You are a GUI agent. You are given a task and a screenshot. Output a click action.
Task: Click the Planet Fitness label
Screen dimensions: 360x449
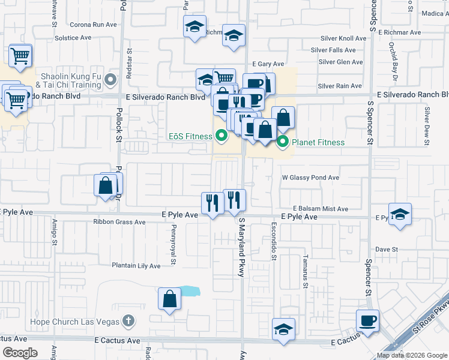point(318,142)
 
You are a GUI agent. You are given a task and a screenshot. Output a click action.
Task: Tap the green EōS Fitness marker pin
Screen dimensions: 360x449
point(221,136)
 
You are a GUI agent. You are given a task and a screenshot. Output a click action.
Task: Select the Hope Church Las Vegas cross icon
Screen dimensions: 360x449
point(128,321)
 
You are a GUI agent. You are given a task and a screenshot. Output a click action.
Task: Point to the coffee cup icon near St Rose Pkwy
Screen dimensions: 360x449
point(367,320)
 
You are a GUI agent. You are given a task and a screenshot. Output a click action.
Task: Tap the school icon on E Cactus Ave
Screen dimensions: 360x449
point(283,329)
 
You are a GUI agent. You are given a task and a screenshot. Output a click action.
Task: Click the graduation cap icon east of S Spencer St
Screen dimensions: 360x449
point(400,215)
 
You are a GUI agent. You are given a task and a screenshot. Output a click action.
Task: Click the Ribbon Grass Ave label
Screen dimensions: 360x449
point(119,221)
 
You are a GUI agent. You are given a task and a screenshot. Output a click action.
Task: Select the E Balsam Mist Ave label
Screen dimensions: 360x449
point(321,209)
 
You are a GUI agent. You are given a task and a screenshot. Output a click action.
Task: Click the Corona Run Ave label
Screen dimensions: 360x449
point(93,25)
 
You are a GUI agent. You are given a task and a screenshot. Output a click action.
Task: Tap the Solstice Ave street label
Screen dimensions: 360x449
point(73,37)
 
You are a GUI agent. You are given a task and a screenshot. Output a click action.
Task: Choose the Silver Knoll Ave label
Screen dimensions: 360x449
point(342,38)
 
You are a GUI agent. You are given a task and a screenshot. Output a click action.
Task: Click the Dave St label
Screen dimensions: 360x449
point(387,249)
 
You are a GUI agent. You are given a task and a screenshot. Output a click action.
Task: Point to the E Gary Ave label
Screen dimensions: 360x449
point(268,64)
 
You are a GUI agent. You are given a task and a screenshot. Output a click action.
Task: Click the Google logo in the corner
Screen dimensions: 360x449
point(20,353)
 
